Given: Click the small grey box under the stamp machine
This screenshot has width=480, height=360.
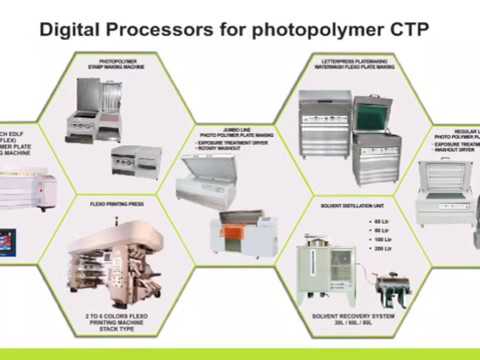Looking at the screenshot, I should click(136, 160).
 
